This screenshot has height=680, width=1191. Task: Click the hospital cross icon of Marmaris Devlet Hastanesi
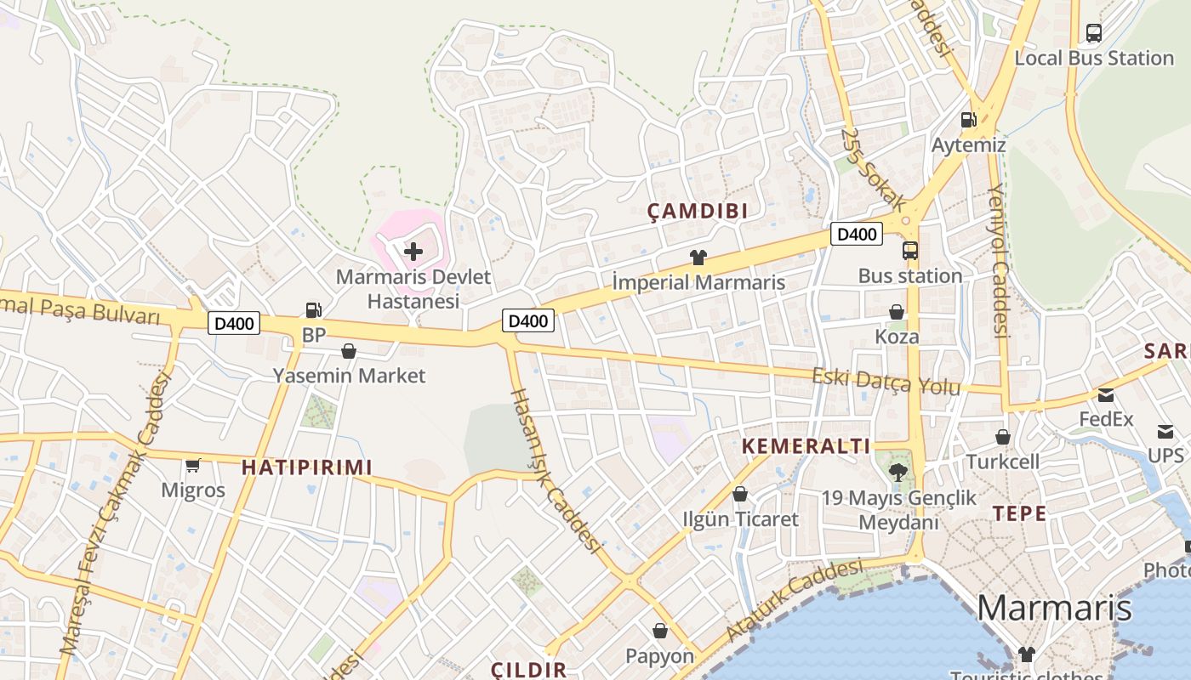(413, 252)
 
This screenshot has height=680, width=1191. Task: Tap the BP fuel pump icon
(314, 311)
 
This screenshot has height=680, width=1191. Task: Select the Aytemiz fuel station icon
(968, 121)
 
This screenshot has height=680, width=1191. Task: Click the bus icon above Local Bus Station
(1094, 33)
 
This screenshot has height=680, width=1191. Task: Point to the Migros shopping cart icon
(193, 465)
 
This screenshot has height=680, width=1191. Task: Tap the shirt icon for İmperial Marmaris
(698, 257)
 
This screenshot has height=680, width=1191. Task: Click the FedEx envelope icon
(1106, 395)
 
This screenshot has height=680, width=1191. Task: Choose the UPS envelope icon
(1165, 432)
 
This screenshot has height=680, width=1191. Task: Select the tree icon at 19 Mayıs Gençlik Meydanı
(898, 472)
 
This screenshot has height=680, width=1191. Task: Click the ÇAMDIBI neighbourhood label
(698, 212)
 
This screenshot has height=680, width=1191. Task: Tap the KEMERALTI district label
(806, 446)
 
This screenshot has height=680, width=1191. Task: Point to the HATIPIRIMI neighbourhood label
(307, 467)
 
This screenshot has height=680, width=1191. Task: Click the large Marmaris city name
(1054, 609)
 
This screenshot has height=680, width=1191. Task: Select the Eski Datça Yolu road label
(886, 382)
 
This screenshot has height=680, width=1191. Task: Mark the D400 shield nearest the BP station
(234, 323)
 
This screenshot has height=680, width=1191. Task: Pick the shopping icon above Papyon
(660, 631)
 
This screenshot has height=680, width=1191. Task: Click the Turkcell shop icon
(1003, 437)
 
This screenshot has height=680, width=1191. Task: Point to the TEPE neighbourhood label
(1019, 513)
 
